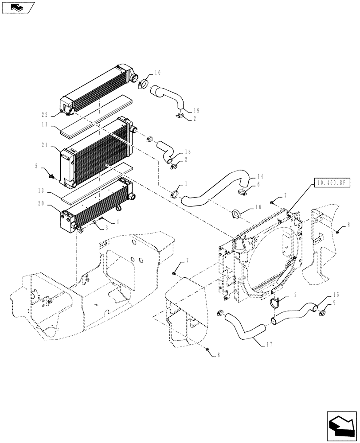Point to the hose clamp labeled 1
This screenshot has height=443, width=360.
point(174,193)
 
